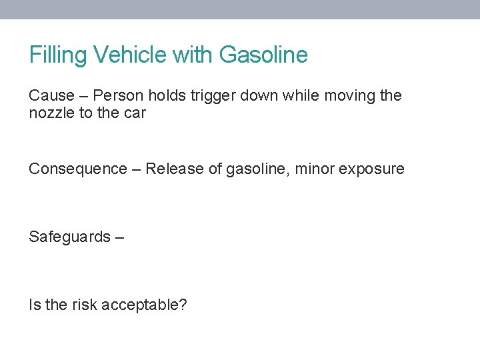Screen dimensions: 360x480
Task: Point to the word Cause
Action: (x=49, y=96)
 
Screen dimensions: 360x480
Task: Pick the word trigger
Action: (x=213, y=96)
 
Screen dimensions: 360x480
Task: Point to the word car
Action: (x=134, y=113)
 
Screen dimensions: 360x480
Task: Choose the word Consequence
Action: (x=77, y=169)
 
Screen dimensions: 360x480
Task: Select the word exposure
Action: (x=371, y=169)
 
